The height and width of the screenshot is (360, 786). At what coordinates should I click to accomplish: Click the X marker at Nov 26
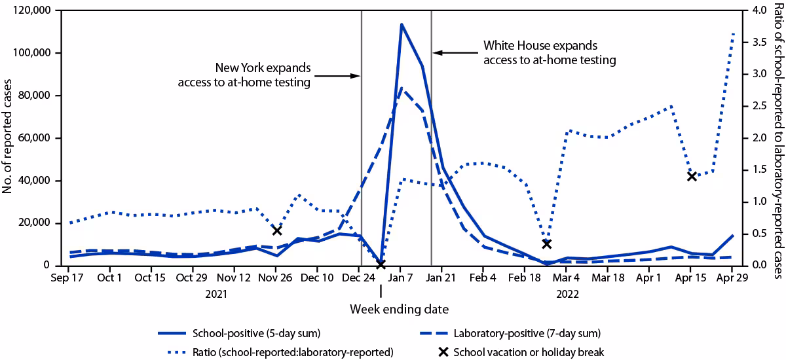pos(277,230)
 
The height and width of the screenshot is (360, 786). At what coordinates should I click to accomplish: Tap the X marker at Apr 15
pos(691,176)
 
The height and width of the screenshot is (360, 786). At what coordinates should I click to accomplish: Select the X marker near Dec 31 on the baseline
pos(381,282)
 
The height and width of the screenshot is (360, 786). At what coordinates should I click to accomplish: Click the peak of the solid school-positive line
pos(401,25)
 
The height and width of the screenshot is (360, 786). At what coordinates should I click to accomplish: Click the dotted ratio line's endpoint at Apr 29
pos(733,33)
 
